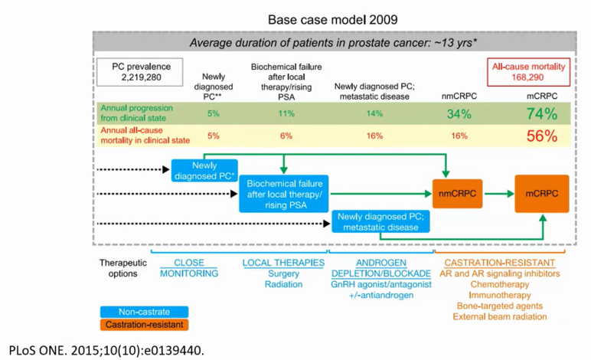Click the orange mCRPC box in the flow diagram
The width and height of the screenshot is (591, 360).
(x=542, y=194)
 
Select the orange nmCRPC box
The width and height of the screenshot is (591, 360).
(x=457, y=194)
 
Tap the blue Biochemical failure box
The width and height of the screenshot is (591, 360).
(x=284, y=194)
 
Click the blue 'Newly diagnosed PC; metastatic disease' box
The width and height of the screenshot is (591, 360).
(x=380, y=221)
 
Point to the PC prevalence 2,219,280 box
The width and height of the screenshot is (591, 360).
(x=140, y=72)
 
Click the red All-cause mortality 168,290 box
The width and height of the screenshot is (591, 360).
(x=528, y=72)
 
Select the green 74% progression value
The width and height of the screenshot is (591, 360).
(x=542, y=114)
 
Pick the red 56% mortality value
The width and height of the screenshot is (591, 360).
(x=542, y=136)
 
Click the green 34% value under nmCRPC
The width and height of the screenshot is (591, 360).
(x=459, y=114)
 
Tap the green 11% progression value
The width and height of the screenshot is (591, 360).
(x=286, y=113)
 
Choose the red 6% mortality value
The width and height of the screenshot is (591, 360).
(x=286, y=136)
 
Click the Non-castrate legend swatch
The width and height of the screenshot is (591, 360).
(x=145, y=312)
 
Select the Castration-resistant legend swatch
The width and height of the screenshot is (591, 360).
(x=145, y=325)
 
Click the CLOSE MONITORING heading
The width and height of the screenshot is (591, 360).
(x=189, y=268)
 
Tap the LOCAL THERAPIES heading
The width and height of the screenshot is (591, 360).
(x=283, y=263)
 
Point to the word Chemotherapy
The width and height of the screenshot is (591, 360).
(x=500, y=284)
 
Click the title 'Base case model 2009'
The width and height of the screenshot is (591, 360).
(x=333, y=20)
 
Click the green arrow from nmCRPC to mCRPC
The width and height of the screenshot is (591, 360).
(x=499, y=194)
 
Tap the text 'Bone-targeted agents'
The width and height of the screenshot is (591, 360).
(x=500, y=306)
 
